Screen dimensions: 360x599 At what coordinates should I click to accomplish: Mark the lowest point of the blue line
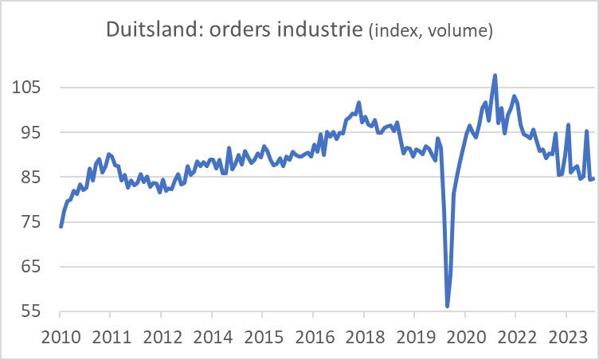[448, 306]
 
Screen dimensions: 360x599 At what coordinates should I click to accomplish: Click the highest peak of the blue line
[495, 76]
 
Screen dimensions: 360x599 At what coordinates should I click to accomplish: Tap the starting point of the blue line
[61, 227]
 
